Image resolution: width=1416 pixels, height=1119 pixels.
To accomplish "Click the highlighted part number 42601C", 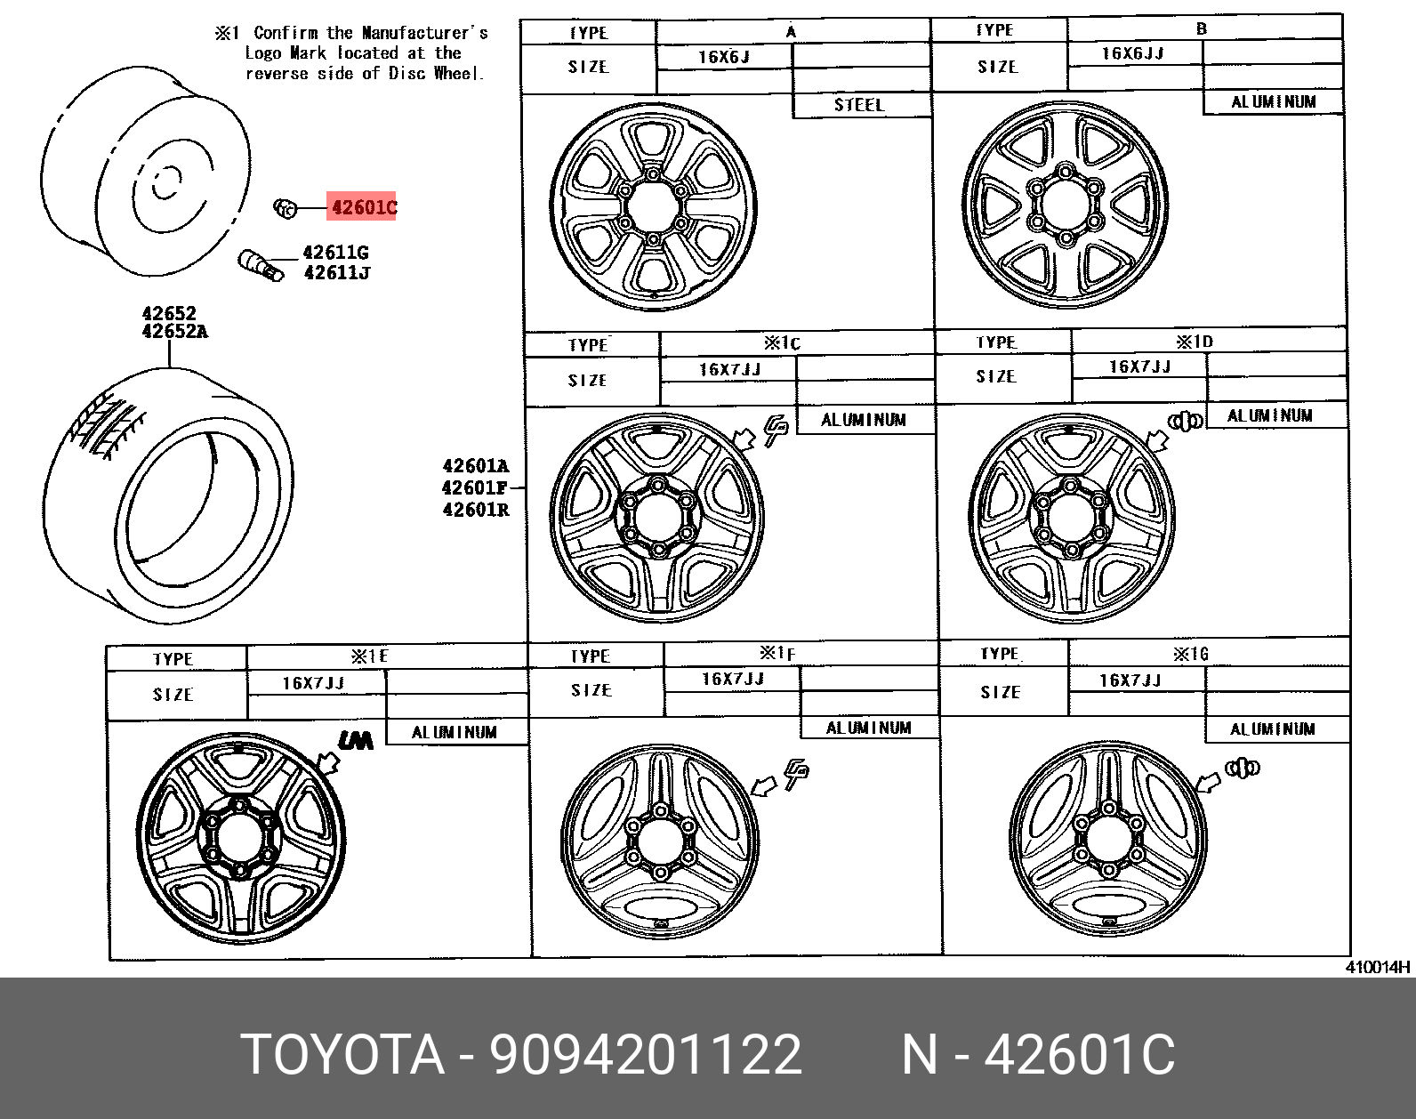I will (x=363, y=208).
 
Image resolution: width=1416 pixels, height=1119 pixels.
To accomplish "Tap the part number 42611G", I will (x=335, y=253).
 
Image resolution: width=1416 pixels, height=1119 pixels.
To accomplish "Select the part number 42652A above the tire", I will (x=174, y=332).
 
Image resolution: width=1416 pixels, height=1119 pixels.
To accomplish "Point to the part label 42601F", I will (x=475, y=487).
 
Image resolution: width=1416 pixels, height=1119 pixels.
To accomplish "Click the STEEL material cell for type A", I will (x=859, y=105).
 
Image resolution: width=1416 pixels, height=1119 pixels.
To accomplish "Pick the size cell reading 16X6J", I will (x=723, y=58).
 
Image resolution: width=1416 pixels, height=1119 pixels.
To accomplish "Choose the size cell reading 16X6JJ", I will (x=1132, y=54).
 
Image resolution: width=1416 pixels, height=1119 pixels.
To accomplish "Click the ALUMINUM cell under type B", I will (x=1273, y=102).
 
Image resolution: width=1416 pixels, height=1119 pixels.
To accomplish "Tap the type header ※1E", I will (x=369, y=656).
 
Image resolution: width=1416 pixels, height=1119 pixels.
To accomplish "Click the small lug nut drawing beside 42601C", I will (x=284, y=208).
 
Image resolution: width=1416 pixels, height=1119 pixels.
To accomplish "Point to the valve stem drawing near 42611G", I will (x=260, y=264).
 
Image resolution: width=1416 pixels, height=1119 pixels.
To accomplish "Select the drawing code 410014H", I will (x=1377, y=968).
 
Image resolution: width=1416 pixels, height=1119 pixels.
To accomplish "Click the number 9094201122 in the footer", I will (x=645, y=1055).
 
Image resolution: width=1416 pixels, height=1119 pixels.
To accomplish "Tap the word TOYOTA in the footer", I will (x=342, y=1055).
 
